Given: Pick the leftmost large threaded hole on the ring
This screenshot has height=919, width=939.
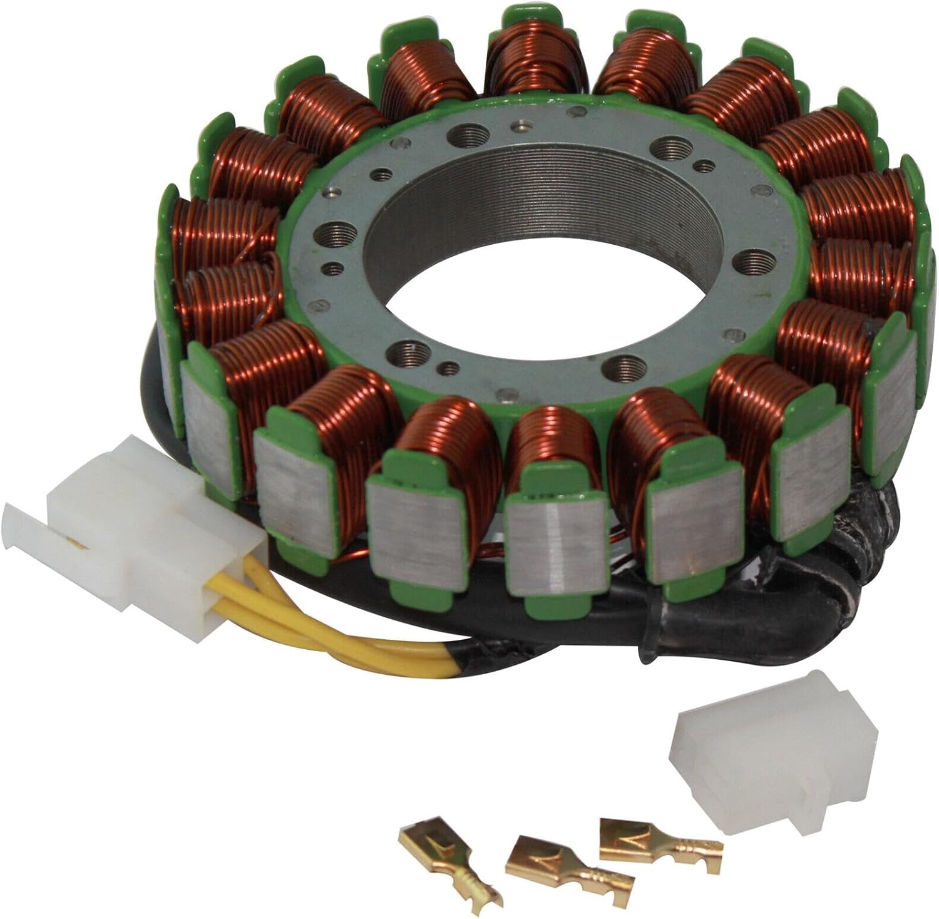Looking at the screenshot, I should tap(332, 238).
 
